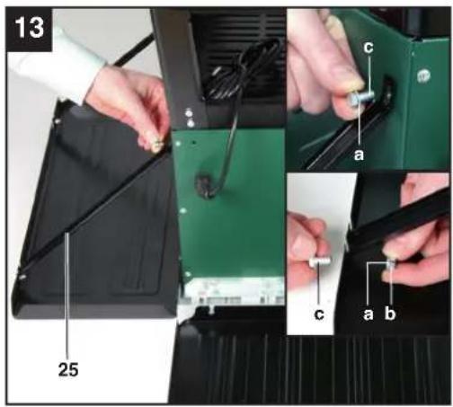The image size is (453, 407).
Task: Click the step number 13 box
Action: tap(29, 29)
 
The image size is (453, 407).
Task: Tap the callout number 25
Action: tap(68, 369)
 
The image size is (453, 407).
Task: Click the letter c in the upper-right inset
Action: tap(369, 48)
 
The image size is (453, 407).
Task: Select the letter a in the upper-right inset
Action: tap(359, 155)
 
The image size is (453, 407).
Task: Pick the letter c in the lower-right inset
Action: tap(319, 314)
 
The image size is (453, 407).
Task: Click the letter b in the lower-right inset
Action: tap(390, 313)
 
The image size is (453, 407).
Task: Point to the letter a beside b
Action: tap(369, 314)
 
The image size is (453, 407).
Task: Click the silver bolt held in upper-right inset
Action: tap(361, 98)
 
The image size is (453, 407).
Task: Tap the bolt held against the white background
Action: tap(319, 262)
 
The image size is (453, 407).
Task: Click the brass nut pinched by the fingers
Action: tap(156, 146)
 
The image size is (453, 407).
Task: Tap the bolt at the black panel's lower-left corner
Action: tap(22, 277)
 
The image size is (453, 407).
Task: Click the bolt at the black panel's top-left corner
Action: tap(58, 121)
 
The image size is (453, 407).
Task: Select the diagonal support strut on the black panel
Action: tap(95, 206)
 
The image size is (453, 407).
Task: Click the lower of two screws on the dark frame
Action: tap(191, 123)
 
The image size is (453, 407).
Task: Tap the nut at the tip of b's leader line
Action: tap(392, 263)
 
